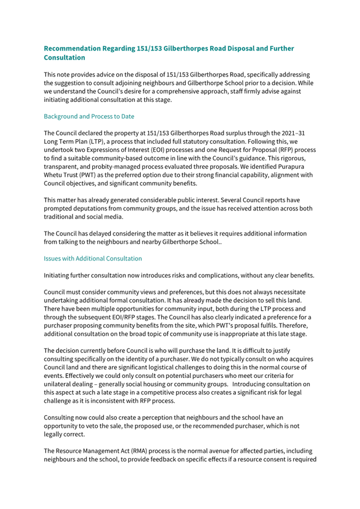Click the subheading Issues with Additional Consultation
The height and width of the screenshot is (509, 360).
pyautogui.click(x=93, y=258)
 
